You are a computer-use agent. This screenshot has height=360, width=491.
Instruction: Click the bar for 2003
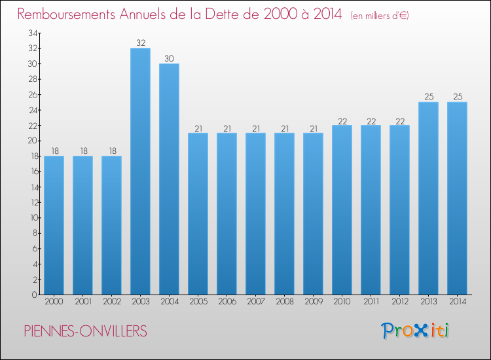(x=140, y=171)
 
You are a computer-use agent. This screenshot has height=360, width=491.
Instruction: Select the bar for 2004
(x=169, y=179)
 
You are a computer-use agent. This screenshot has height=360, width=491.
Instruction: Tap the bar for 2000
(x=54, y=225)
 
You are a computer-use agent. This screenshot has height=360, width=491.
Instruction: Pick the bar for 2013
(x=428, y=198)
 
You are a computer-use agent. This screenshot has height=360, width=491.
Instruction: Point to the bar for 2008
(x=284, y=213)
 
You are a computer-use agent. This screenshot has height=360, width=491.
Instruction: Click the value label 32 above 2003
(x=140, y=43)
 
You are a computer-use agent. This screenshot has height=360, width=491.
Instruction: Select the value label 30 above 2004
(x=169, y=58)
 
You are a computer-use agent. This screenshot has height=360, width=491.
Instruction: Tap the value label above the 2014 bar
(x=457, y=97)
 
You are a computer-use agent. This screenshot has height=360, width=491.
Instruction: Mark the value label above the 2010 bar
(x=342, y=120)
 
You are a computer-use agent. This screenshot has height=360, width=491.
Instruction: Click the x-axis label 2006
(x=227, y=302)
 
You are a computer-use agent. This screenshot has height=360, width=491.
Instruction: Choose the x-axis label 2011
(x=371, y=302)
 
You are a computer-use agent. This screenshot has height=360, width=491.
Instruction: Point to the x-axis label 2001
(x=82, y=302)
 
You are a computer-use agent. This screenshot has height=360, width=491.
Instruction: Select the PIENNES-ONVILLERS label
(x=85, y=331)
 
